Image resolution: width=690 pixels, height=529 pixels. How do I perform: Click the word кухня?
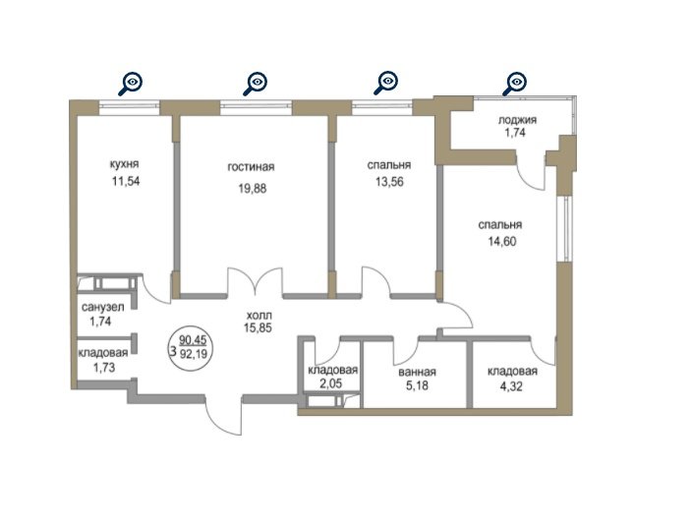point(124,164)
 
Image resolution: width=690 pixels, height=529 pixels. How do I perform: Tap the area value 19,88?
point(253,189)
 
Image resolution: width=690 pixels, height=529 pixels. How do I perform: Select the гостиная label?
point(251,167)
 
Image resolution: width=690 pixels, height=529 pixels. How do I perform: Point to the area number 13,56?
point(389,181)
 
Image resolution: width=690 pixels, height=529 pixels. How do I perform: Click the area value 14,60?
point(501,241)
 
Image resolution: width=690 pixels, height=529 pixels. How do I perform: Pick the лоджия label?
point(517,120)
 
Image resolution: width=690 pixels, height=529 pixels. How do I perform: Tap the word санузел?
point(103,307)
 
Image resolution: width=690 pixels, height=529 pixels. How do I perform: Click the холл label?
point(259,315)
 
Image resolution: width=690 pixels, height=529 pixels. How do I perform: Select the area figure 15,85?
point(258,327)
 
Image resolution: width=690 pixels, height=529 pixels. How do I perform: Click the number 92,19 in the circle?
point(194,353)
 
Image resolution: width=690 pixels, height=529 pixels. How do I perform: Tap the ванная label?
point(417,373)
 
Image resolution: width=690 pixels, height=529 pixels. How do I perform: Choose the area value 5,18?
point(418,386)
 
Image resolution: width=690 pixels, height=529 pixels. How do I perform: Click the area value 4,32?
point(512,386)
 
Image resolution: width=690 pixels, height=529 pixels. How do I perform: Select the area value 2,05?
point(331,383)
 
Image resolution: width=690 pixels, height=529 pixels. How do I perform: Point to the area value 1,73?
point(104,367)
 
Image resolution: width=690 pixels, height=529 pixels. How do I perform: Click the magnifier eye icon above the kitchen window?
point(131,84)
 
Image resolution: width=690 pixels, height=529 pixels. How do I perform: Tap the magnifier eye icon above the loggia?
point(514,84)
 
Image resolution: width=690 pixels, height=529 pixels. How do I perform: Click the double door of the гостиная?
point(255,281)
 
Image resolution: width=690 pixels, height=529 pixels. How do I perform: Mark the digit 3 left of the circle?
point(173,351)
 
